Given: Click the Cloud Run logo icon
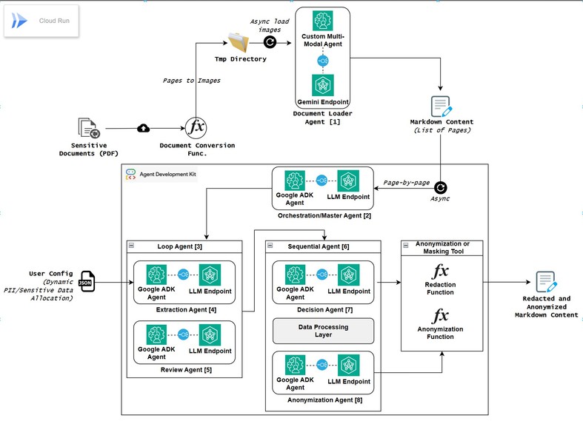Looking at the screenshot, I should click(x=19, y=21).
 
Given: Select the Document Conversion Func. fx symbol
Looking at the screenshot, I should click(x=196, y=127).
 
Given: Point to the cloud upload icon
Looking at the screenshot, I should click(x=144, y=128).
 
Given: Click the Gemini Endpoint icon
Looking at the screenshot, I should click(x=322, y=84).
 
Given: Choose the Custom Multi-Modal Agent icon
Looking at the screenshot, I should click(x=322, y=21).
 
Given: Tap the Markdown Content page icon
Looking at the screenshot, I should click(x=441, y=106).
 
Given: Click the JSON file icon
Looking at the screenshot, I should click(x=87, y=282).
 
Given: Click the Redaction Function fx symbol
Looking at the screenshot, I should click(x=441, y=271).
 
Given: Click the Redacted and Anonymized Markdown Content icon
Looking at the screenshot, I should click(x=546, y=283).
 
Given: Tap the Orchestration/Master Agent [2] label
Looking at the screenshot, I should click(x=322, y=215).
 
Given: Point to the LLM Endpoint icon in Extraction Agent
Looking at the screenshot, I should click(x=210, y=274).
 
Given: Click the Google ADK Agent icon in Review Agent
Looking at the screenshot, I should click(x=156, y=334).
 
